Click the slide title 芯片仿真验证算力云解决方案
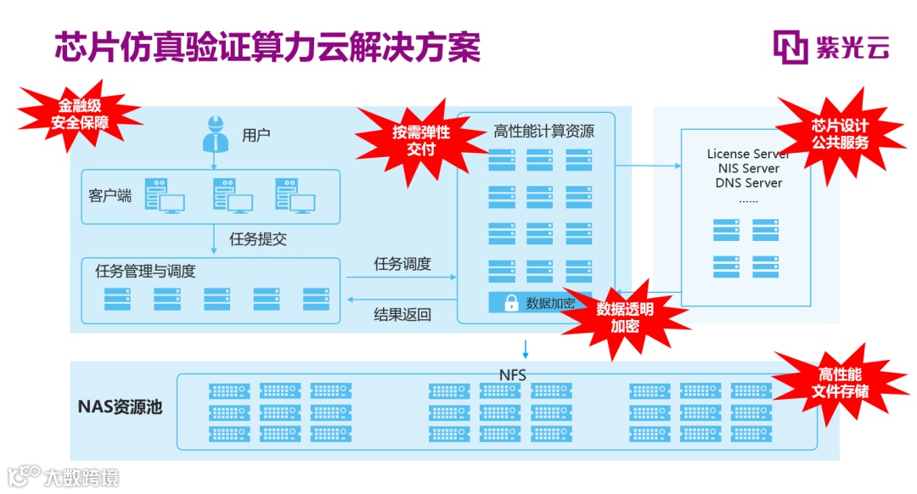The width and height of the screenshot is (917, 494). click(x=267, y=48)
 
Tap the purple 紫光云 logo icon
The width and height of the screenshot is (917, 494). click(x=790, y=48)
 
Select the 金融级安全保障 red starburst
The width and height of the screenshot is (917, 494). click(x=80, y=115)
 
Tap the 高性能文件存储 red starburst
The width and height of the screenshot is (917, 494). click(x=840, y=383)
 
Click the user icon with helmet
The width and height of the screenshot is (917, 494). click(x=215, y=133)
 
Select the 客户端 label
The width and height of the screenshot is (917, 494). click(x=110, y=196)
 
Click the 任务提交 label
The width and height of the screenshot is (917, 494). click(x=258, y=239)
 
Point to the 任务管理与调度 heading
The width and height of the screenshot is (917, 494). click(x=146, y=272)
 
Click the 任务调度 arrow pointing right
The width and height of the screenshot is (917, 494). click(x=399, y=277)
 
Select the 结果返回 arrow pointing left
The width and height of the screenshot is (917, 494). click(x=399, y=299)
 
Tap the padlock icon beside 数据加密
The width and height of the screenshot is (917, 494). click(x=511, y=303)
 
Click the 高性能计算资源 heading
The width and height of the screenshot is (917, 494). click(x=543, y=132)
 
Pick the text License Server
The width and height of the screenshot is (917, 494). click(x=747, y=154)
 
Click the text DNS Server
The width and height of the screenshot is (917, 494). click(x=748, y=182)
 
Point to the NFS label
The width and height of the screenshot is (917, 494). click(x=513, y=374)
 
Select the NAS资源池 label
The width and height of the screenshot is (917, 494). click(x=120, y=407)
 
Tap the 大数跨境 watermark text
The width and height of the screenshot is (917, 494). click(x=82, y=477)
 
